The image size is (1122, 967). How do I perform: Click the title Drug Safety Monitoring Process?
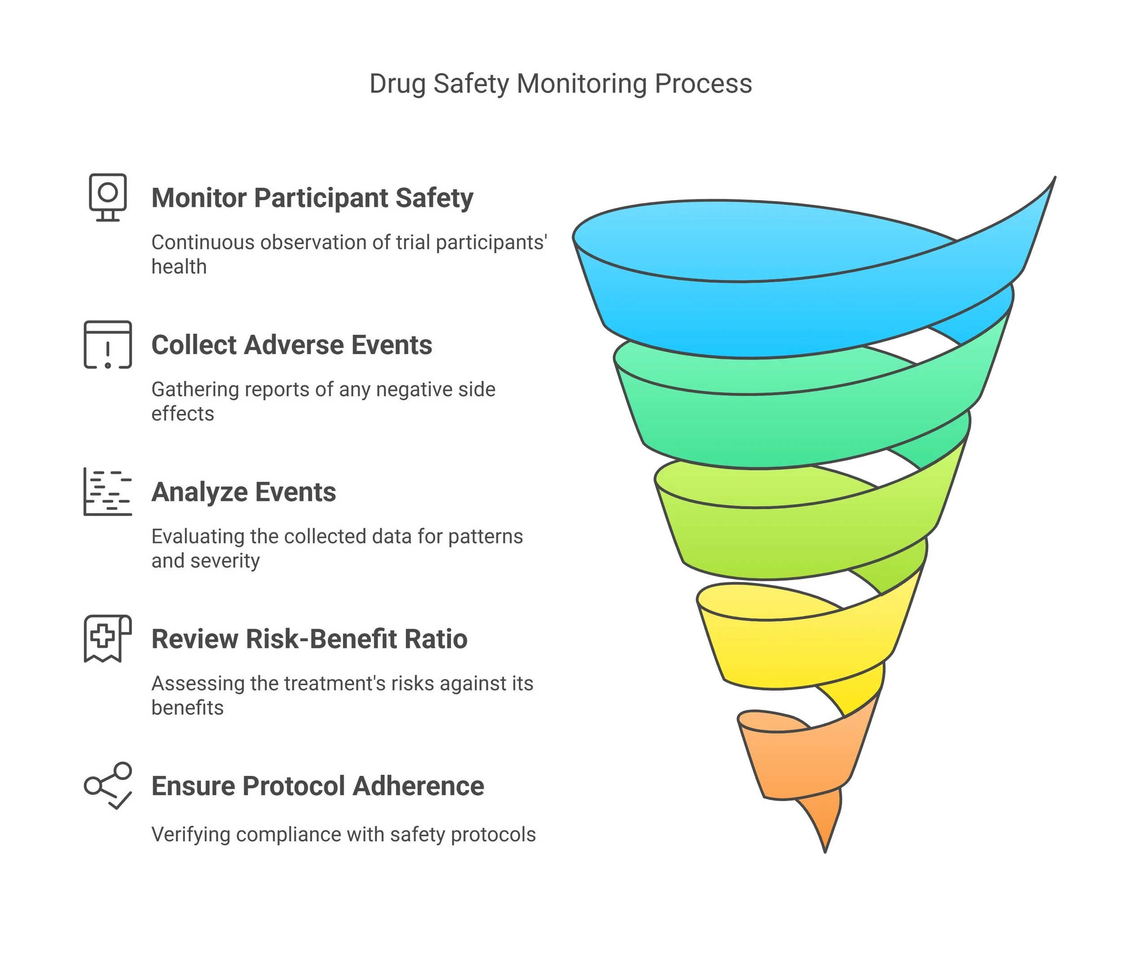click(561, 84)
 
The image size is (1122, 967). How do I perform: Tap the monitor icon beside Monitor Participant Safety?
click(108, 197)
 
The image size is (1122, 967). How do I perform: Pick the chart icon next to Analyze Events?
click(108, 492)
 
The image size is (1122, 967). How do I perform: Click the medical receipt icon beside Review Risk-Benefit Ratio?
click(108, 639)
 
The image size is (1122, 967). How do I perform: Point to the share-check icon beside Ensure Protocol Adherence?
click(108, 786)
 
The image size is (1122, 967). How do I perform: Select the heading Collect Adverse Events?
click(291, 345)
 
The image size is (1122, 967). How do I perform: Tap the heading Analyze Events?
click(244, 492)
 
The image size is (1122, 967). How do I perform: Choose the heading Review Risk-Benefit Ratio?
click(309, 639)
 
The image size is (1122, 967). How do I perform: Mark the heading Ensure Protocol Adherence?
click(317, 786)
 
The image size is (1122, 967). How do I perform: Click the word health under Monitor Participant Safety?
click(179, 267)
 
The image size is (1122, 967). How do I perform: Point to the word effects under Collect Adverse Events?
click(183, 414)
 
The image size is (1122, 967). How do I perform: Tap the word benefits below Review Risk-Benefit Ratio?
click(187, 708)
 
